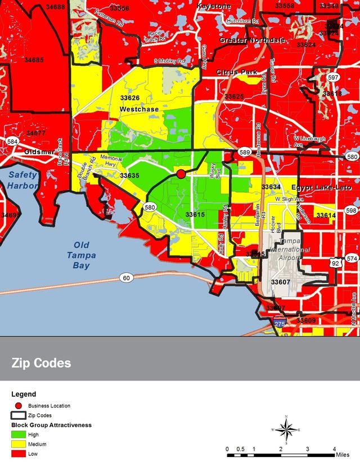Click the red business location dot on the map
(181, 174)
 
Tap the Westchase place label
(139, 109)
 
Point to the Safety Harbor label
(22, 180)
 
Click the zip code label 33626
(129, 97)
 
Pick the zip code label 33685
(34, 60)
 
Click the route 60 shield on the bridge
(127, 278)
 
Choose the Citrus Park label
(237, 73)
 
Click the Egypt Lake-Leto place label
(321, 187)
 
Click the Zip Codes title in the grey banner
(42, 363)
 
